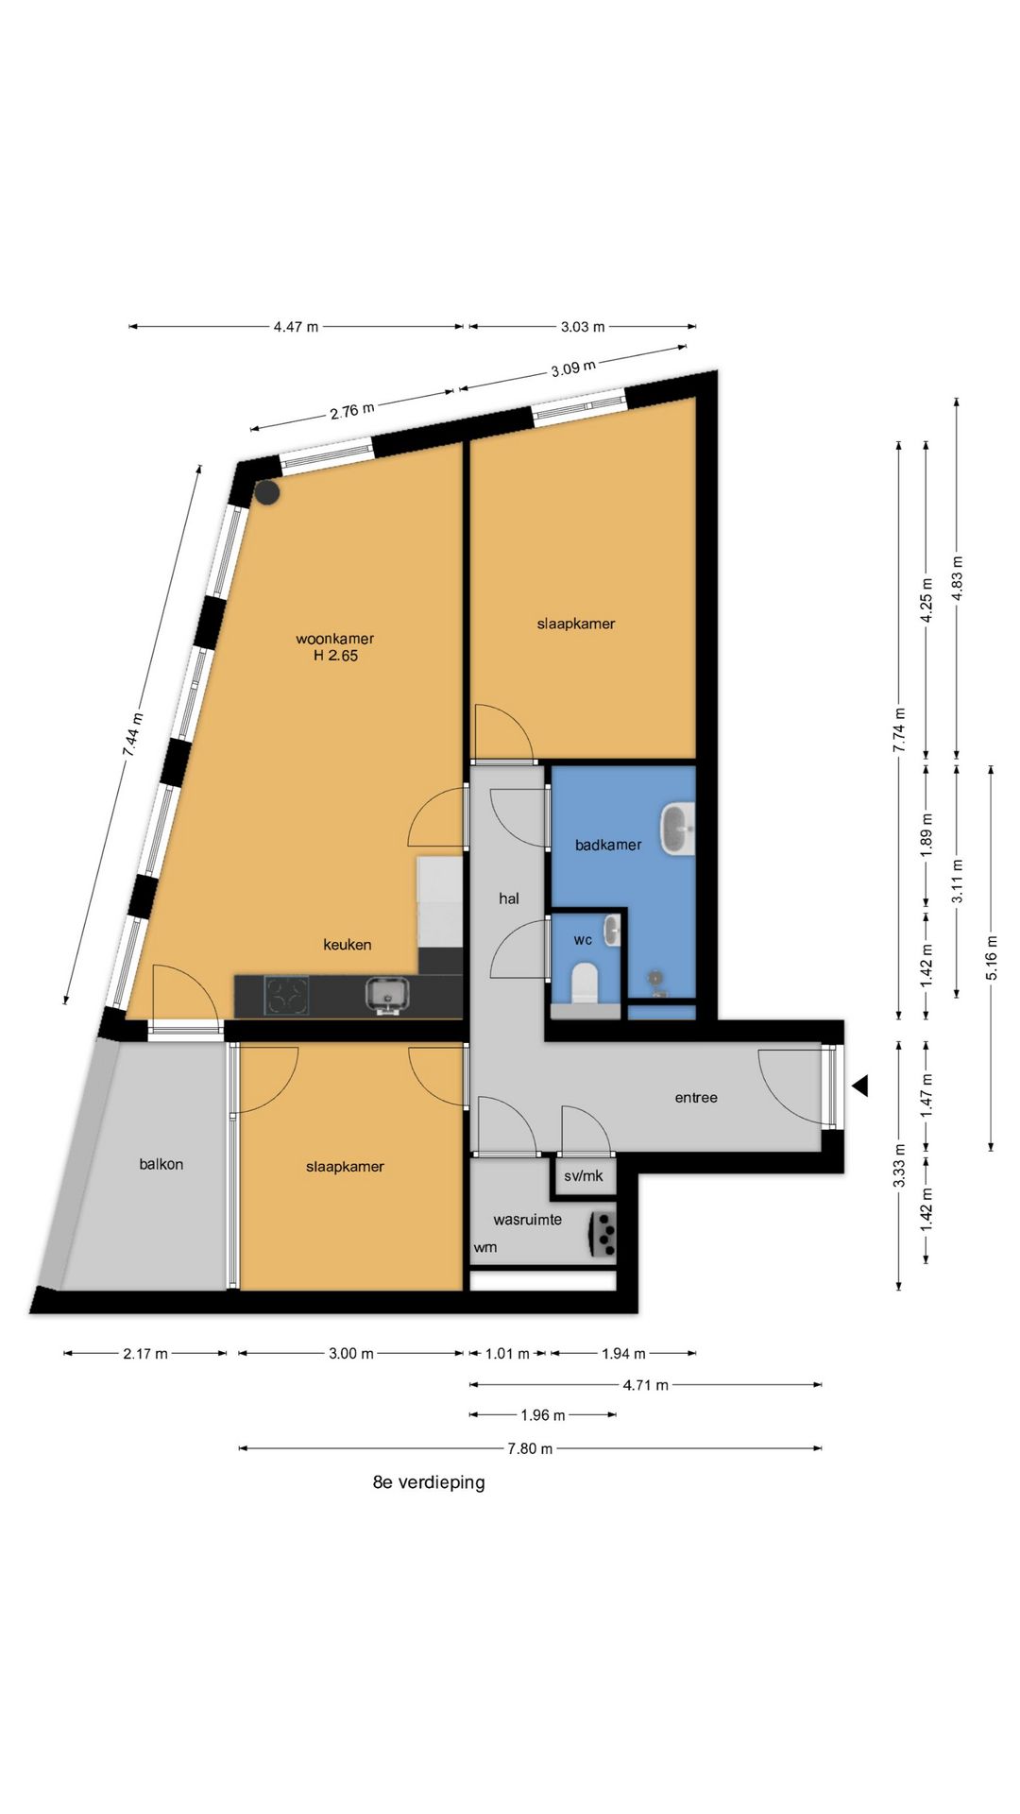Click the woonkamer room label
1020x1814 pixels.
tap(334, 639)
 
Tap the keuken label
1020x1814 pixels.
tap(348, 945)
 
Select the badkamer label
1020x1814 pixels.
tap(608, 845)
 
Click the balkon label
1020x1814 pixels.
tap(161, 1164)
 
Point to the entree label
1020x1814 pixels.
tap(696, 1098)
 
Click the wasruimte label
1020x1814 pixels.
tap(527, 1220)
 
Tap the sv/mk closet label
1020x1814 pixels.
tap(584, 1176)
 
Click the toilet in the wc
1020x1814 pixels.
tap(585, 984)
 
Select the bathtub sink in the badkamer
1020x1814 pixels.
tap(677, 829)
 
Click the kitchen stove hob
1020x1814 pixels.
tap(287, 996)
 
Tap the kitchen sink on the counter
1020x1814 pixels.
tap(388, 995)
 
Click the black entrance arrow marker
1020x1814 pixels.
tap(859, 1087)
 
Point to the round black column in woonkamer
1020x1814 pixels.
tap(267, 492)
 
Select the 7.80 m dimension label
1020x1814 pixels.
tap(530, 1448)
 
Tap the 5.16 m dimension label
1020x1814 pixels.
tap(991, 958)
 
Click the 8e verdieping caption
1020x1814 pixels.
tap(429, 1482)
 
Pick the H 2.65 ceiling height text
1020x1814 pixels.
tap(335, 656)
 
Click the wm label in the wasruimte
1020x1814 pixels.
tap(485, 1247)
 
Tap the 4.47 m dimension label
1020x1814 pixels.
tap(296, 327)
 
